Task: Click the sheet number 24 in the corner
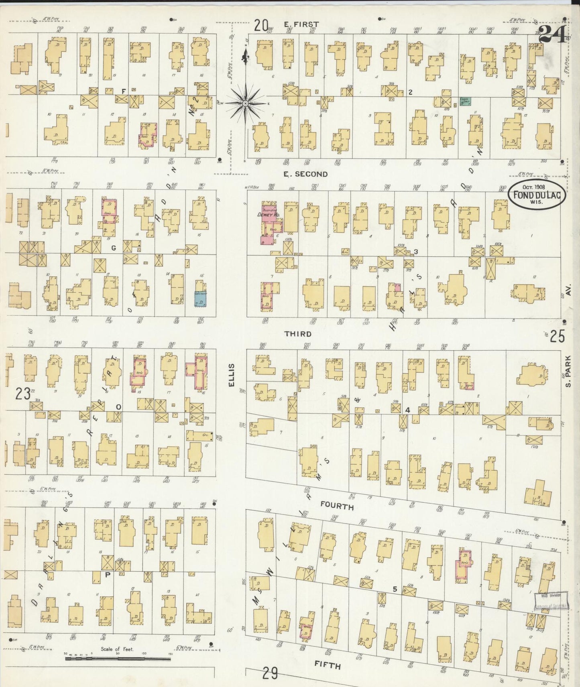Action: [552, 34]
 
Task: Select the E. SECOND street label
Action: [305, 174]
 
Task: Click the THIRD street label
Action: [298, 334]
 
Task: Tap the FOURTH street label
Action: [337, 506]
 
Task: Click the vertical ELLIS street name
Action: [231, 378]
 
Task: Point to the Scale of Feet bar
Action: [118, 658]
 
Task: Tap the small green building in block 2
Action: [465, 102]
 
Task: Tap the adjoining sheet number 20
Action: [260, 26]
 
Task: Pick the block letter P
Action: [107, 574]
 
